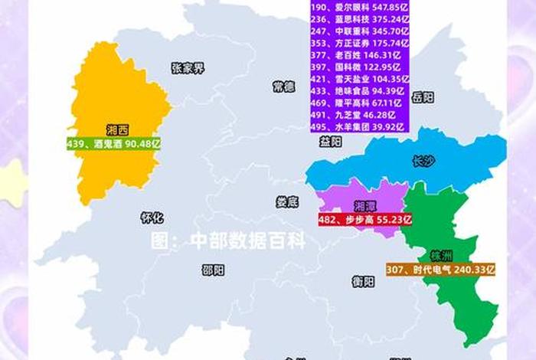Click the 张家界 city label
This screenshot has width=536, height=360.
[188, 68]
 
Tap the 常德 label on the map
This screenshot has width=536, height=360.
[283, 87]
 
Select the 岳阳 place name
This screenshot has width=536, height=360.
[422, 97]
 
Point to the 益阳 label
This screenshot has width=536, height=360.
[331, 142]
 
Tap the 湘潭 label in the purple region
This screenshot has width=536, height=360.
[365, 206]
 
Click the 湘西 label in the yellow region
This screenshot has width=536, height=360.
[117, 130]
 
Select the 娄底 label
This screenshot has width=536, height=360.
[287, 201]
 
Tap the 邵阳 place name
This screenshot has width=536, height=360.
[214, 270]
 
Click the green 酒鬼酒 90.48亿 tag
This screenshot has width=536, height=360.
[114, 143]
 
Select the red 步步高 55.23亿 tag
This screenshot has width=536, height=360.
[365, 219]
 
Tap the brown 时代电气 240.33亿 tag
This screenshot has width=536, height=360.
[440, 270]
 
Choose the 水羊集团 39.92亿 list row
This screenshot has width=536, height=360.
[360, 126]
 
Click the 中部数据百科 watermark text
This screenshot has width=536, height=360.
[227, 241]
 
